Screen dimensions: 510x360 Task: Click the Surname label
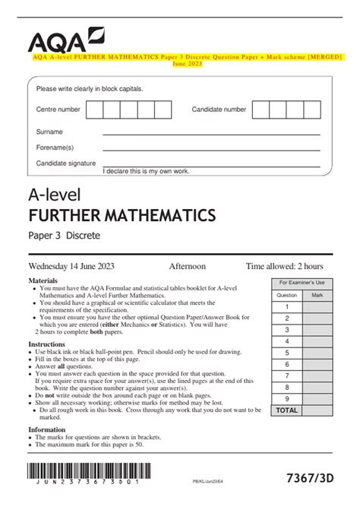click(49, 131)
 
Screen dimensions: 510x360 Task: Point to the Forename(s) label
click(55, 147)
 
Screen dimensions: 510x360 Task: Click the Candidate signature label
click(66, 163)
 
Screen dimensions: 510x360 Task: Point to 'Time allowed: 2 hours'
click(284, 267)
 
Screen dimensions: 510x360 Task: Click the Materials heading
click(43, 280)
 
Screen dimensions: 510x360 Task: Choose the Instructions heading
click(46, 344)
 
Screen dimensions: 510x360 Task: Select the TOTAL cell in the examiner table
click(286, 409)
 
